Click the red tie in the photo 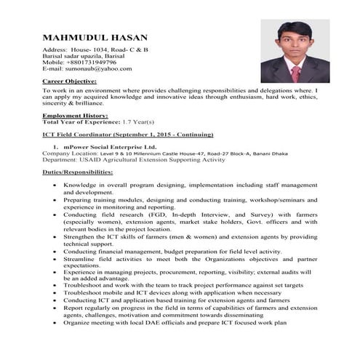coord(295,73)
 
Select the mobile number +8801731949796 coord(89,62)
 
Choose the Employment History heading coord(75,116)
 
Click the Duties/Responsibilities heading coord(78,172)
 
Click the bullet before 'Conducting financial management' coord(57,251)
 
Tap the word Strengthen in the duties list coord(81,236)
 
